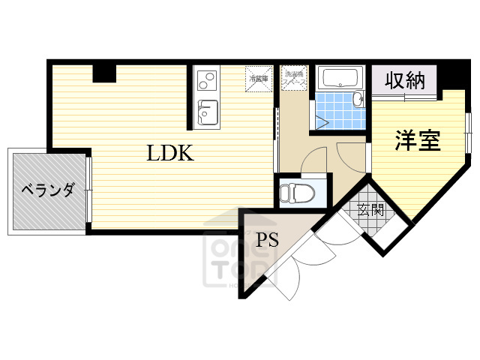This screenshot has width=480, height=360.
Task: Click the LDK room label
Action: coord(170,154)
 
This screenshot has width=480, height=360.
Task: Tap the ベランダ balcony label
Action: coord(46,190)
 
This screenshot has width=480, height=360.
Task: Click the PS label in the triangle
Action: coord(268,241)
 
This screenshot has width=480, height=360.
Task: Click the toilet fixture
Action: coord(294,193)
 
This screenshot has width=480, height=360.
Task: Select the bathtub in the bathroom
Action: coord(340,78)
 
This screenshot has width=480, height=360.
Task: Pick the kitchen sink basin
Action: coord(207,112)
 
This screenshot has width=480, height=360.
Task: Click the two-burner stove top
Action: coord(206,79)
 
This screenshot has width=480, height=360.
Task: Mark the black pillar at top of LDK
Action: coord(105,73)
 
